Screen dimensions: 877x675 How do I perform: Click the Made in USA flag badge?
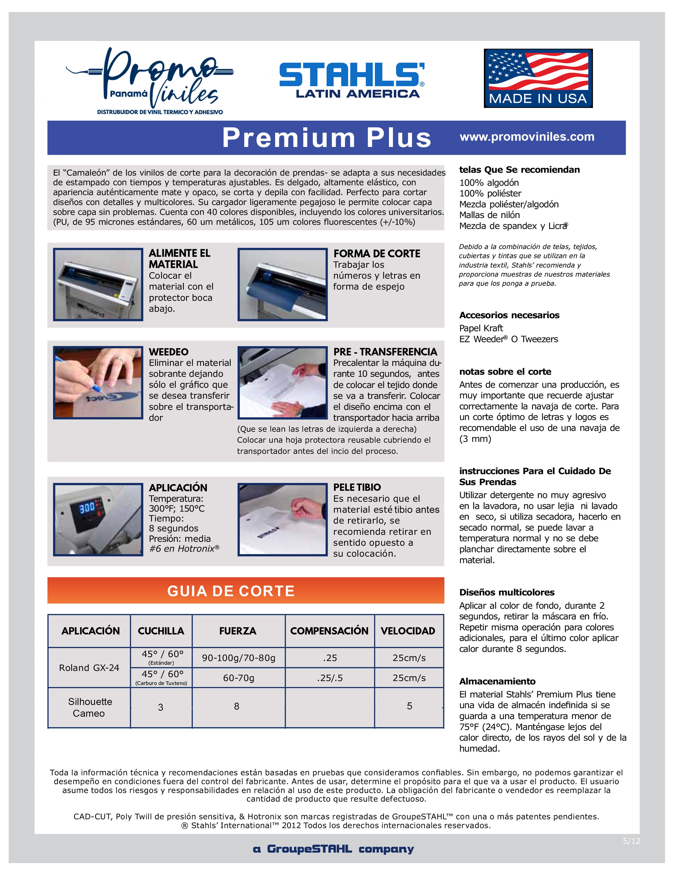[x=538, y=78]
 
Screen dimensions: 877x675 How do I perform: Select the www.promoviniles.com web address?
[x=527, y=137]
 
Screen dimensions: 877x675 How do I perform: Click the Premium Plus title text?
[x=327, y=138]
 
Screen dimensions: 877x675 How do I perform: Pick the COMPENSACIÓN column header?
[x=329, y=631]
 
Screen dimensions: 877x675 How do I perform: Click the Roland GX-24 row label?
[x=89, y=668]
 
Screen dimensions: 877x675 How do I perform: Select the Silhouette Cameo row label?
[x=89, y=707]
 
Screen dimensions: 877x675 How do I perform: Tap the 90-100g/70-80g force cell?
[x=239, y=658]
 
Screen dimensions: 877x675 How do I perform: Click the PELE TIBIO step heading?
[x=357, y=488]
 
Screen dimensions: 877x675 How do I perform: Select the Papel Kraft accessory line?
[x=481, y=328]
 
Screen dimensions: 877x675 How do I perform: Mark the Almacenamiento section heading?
[x=497, y=681]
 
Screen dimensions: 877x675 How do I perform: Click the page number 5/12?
[x=631, y=841]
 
